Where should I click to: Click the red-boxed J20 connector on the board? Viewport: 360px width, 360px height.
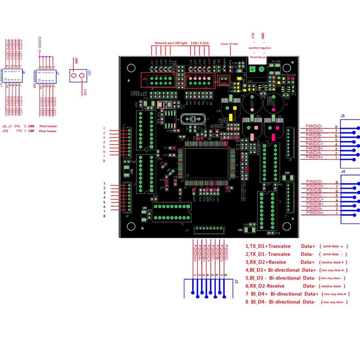point(223,81)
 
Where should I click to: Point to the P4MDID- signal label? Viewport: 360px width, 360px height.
point(314,126)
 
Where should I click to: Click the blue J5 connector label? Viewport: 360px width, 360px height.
point(343,116)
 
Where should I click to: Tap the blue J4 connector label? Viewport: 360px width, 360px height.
point(343,171)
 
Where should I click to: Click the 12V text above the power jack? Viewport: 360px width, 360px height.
point(252,36)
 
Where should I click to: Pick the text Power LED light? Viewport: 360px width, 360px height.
point(229,44)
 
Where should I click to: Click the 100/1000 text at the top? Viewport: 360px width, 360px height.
point(200,42)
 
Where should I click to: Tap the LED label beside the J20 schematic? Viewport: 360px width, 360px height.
point(85,92)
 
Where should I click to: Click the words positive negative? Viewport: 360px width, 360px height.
point(260,48)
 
